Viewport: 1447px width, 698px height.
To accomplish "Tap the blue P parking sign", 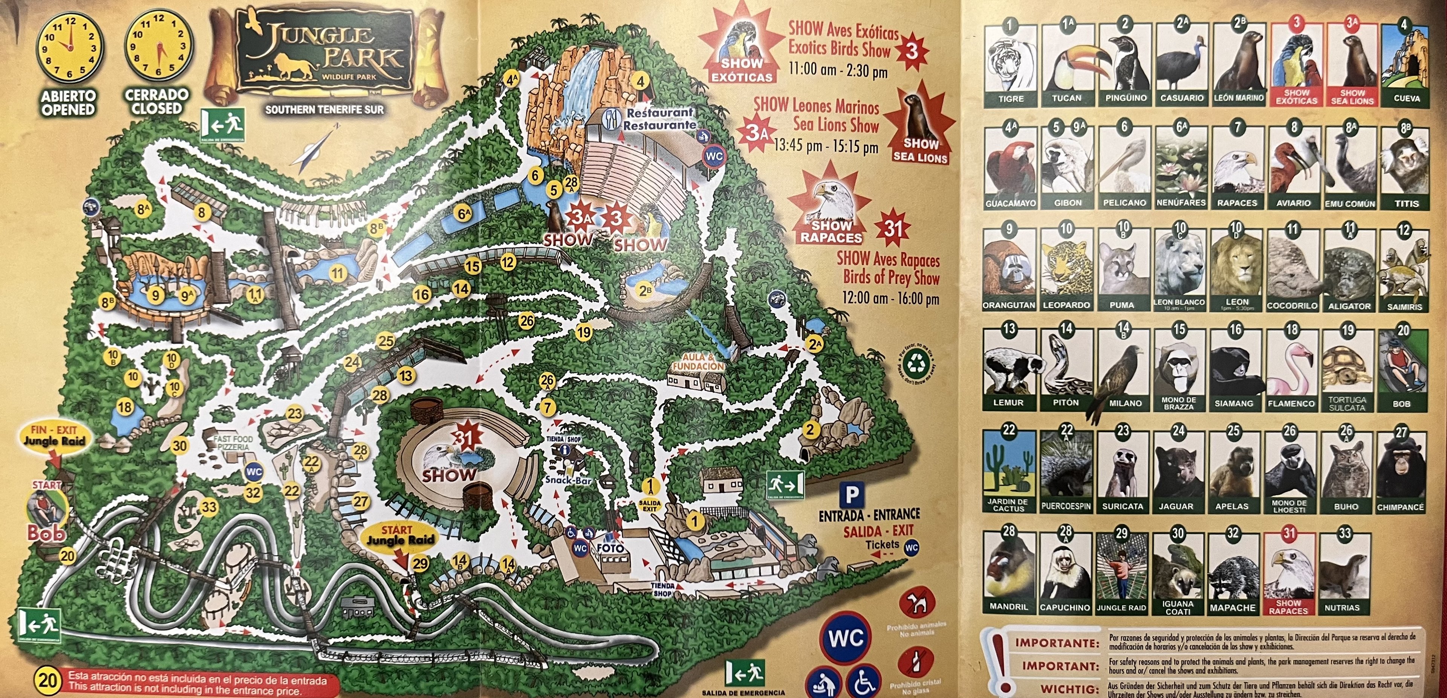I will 852,495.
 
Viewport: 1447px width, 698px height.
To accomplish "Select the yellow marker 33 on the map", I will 209,507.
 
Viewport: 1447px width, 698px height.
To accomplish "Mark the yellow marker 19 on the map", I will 584,332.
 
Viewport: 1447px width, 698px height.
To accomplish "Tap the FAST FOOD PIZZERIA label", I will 233,442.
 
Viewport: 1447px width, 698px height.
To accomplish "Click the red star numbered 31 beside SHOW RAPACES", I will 893,228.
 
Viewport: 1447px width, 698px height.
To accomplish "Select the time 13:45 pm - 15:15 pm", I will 825,147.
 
